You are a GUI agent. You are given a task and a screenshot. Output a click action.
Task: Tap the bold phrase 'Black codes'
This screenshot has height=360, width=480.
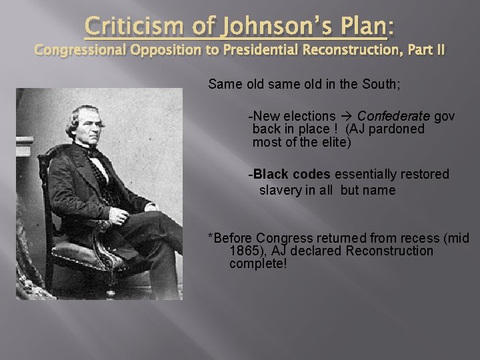291,174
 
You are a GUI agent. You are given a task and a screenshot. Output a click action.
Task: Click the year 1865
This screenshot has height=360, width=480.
245,251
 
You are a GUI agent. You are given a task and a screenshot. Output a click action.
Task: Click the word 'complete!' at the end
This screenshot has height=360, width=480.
258,264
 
